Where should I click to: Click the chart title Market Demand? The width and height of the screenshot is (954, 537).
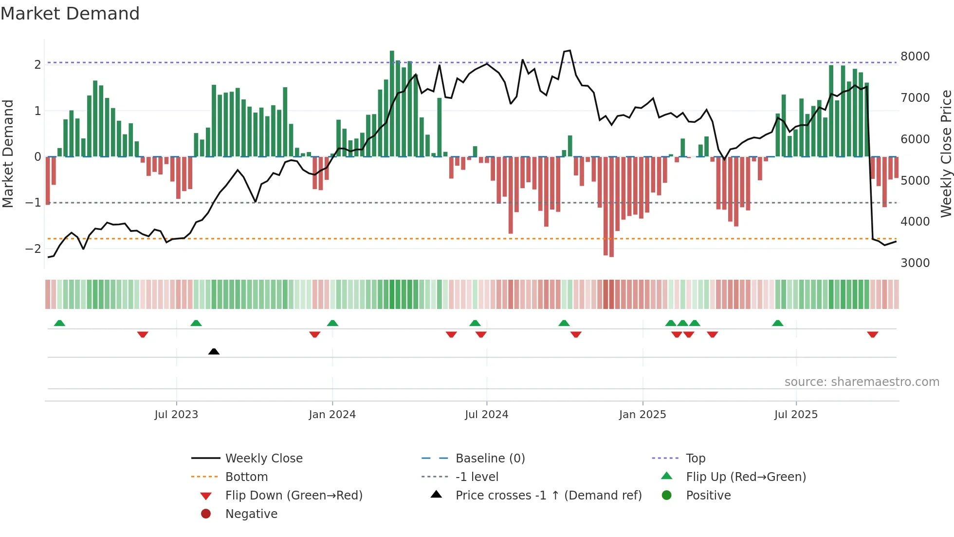[70, 13]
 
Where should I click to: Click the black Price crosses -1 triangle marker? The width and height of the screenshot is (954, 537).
[214, 351]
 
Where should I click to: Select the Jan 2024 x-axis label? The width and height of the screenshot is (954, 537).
[332, 415]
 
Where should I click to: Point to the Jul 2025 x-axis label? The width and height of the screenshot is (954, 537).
[796, 415]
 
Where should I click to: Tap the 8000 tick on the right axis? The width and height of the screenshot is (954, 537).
[915, 57]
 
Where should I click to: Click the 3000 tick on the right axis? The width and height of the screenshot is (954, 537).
[915, 263]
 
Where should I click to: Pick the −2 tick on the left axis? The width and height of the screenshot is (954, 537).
[33, 249]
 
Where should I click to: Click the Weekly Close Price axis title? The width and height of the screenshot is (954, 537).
[946, 153]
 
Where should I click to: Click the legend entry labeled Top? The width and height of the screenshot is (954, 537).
[695, 459]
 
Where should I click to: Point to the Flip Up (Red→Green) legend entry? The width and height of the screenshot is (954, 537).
[746, 477]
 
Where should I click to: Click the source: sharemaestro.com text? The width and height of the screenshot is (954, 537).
[862, 382]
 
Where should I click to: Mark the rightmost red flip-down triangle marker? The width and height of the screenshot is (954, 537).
[872, 334]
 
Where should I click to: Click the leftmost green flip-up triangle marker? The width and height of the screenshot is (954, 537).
[59, 323]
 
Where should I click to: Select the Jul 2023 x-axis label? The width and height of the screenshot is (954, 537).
[176, 415]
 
